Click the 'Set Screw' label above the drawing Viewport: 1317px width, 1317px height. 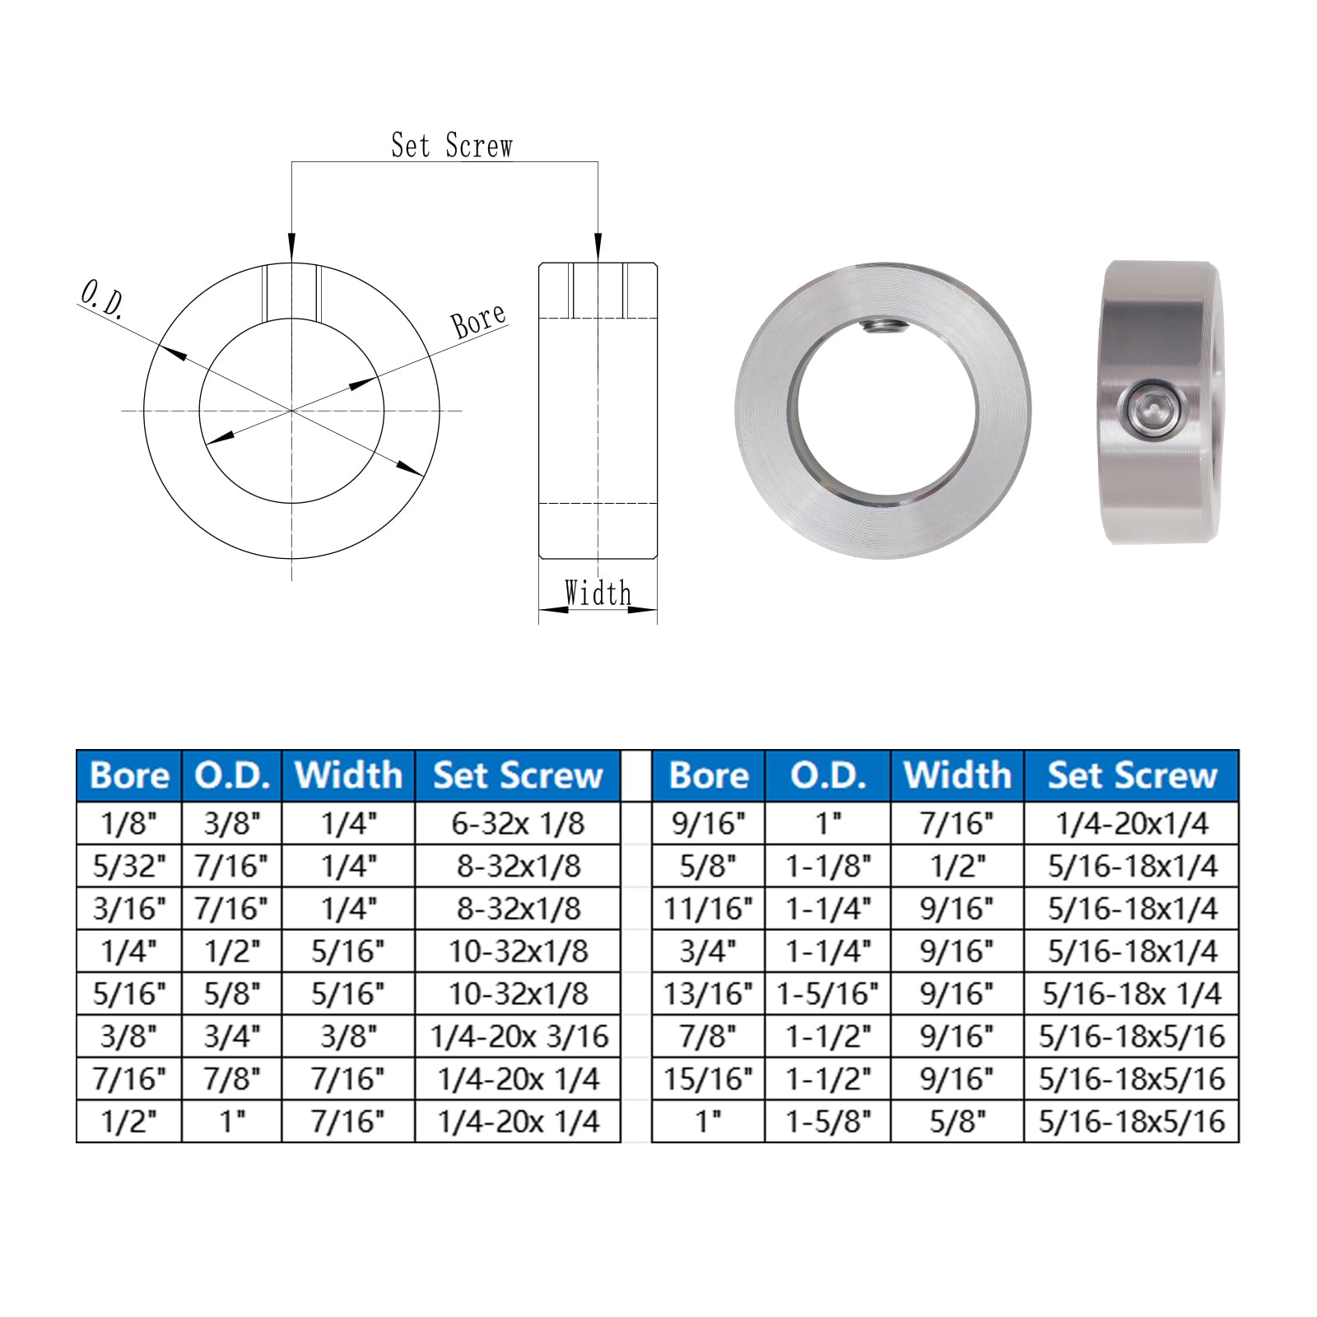coord(451,146)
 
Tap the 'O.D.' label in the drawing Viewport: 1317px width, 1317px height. coord(102,299)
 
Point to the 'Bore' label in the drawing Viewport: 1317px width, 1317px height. coord(478,319)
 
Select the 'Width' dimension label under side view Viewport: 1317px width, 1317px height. coord(598,593)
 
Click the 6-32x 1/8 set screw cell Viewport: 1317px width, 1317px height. coord(518,823)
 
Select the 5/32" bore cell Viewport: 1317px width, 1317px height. coord(129,866)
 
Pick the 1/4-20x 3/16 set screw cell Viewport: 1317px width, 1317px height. coord(518,1036)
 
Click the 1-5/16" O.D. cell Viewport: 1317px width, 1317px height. coord(828,994)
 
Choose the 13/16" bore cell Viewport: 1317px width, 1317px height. coord(708,994)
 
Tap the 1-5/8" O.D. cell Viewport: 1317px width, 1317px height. coord(828,1121)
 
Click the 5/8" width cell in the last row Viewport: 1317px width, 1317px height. coord(957,1121)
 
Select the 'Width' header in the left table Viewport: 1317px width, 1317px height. coord(348,775)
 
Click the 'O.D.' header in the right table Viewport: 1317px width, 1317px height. coord(828,775)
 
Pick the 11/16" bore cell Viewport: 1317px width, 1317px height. coord(708,909)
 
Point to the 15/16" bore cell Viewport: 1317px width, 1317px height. coord(708,1079)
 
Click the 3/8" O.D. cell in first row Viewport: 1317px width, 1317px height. coord(232,823)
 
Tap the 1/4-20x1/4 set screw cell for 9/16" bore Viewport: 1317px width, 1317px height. coord(1132,823)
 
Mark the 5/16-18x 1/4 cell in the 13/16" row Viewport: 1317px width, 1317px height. coord(1132,994)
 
